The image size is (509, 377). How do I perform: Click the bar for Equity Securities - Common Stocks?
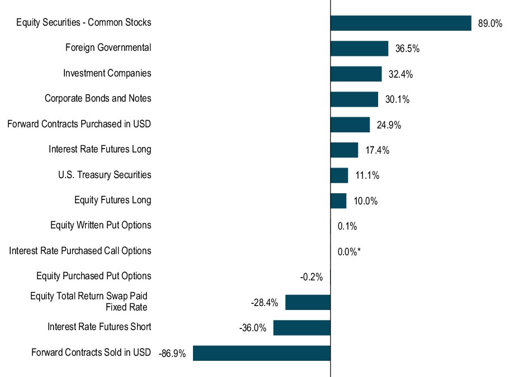click(400, 23)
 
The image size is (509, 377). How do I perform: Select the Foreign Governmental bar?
click(359, 49)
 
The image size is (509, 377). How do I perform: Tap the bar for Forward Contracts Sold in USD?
click(262, 353)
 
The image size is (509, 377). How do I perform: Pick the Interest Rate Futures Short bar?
click(301, 328)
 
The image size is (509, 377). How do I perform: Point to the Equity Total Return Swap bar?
click(308, 303)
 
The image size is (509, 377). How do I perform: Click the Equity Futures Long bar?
click(338, 201)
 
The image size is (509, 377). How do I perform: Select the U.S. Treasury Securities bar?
click(339, 175)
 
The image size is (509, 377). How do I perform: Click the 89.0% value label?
click(490, 23)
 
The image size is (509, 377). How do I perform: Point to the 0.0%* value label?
click(349, 252)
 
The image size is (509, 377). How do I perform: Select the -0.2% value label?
click(312, 277)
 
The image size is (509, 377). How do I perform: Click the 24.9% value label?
click(389, 125)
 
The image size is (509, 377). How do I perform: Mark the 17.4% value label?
click(377, 150)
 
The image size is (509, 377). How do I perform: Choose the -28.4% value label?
click(265, 303)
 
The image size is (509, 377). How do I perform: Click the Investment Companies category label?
click(107, 73)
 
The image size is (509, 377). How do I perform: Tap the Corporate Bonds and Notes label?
click(98, 98)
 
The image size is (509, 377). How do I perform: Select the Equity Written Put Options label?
click(101, 225)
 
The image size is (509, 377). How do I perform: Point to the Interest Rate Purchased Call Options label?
click(80, 251)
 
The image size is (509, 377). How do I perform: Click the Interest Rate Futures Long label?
click(100, 149)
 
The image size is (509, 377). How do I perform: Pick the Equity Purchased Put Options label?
click(93, 276)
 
